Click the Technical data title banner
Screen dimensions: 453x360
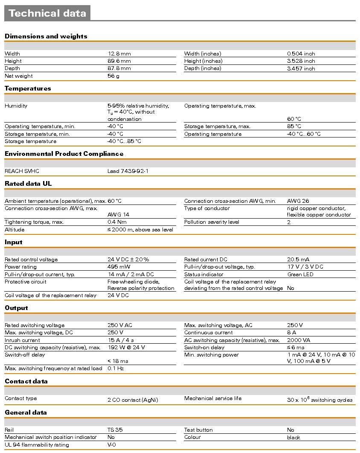coord(47,13)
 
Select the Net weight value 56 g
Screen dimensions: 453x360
coord(113,76)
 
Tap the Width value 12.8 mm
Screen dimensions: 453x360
coord(119,54)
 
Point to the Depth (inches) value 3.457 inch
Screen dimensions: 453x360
coord(301,68)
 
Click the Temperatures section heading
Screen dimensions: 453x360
coord(28,88)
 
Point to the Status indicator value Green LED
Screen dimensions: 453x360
coord(300,275)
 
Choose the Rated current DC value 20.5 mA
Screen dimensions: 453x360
coord(298,260)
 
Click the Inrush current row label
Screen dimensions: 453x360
coord(22,340)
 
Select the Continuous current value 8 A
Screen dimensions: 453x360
coord(292,333)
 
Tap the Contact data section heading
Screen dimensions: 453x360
coord(26,381)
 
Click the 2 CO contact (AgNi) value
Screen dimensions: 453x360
coord(133,400)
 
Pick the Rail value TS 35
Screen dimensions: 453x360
coord(115,430)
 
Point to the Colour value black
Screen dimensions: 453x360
coord(293,437)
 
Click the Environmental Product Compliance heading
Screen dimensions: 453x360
coord(64,154)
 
